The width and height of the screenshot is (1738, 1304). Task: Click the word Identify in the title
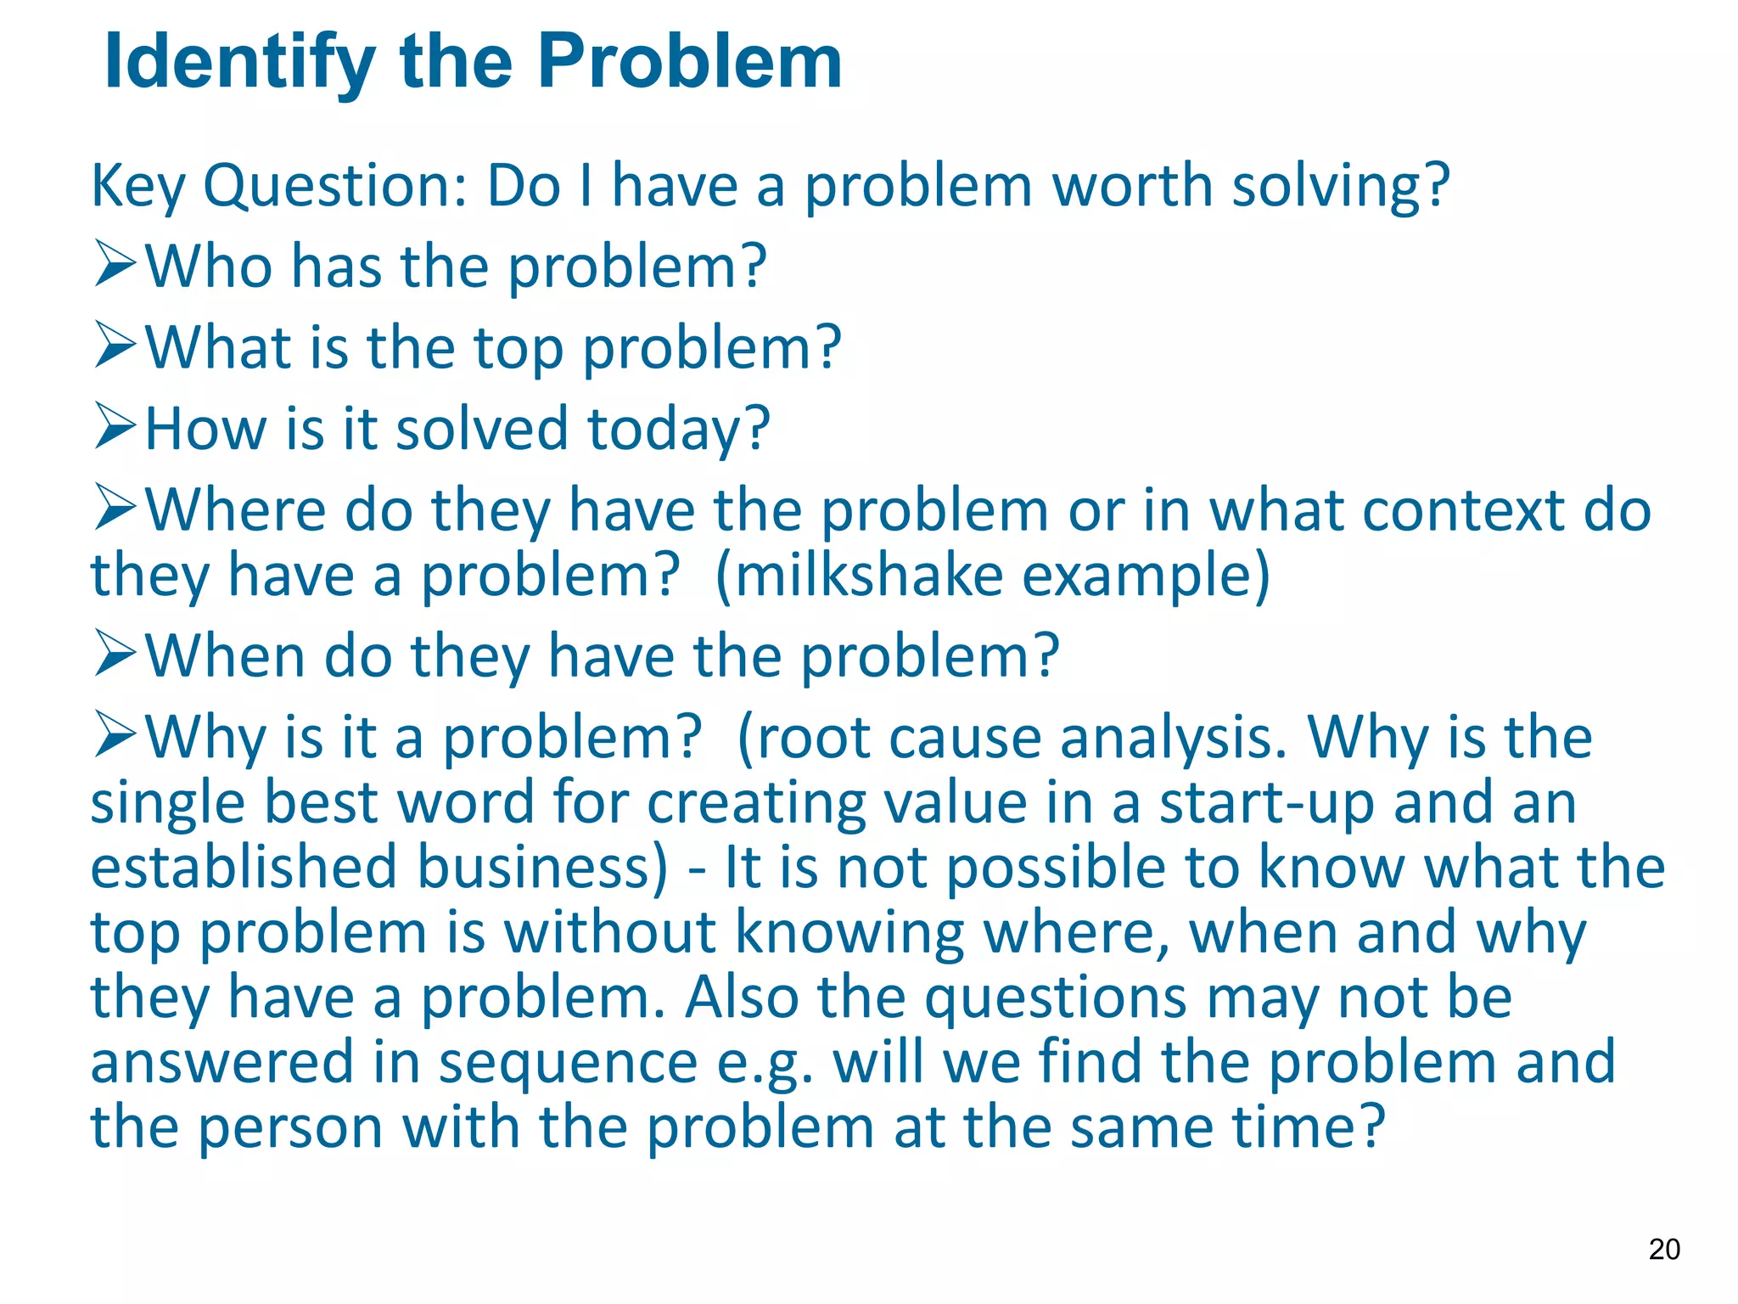pyautogui.click(x=239, y=63)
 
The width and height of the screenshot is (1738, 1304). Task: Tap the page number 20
pyautogui.click(x=1663, y=1249)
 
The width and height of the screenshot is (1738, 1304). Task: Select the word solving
pyautogui.click(x=1340, y=186)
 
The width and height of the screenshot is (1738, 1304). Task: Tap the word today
pyautogui.click(x=679, y=430)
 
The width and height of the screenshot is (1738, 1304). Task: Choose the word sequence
pyautogui.click(x=568, y=1064)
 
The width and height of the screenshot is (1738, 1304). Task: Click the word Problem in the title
pyautogui.click(x=689, y=63)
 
